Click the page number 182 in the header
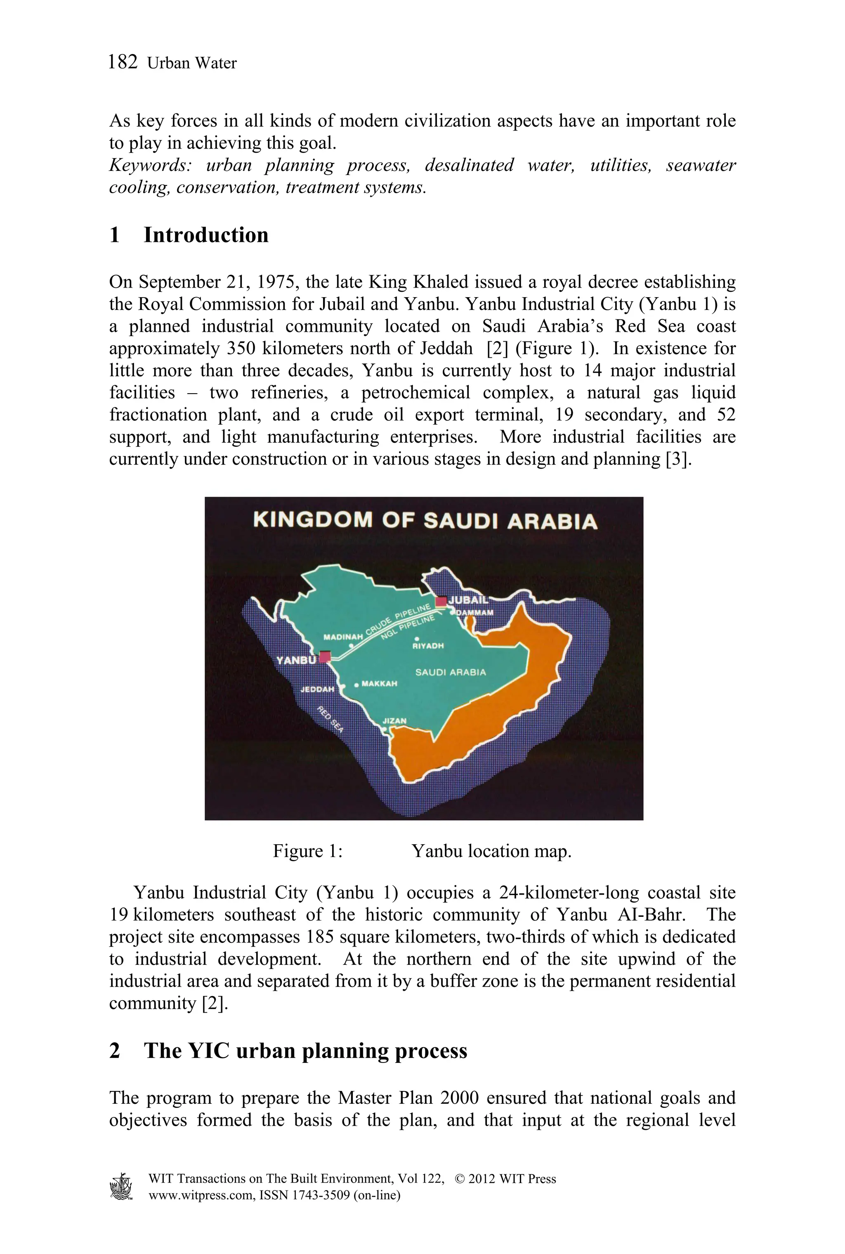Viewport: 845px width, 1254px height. click(123, 62)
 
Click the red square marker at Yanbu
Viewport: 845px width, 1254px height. click(325, 657)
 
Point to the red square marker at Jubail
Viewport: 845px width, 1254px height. click(441, 601)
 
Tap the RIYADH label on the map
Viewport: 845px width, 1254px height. click(428, 646)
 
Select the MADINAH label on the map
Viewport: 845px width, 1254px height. click(343, 637)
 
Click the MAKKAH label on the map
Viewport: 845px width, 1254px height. click(380, 683)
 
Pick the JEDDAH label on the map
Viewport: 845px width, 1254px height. click(317, 689)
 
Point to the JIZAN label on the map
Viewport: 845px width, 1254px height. click(394, 720)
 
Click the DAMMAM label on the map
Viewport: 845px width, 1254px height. click(475, 613)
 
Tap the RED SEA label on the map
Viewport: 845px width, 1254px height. click(330, 719)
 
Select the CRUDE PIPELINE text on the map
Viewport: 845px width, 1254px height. click(398, 620)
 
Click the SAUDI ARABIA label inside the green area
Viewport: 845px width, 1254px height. click(450, 672)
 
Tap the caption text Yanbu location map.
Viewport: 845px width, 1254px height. click(491, 851)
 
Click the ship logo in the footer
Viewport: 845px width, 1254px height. click(121, 1186)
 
